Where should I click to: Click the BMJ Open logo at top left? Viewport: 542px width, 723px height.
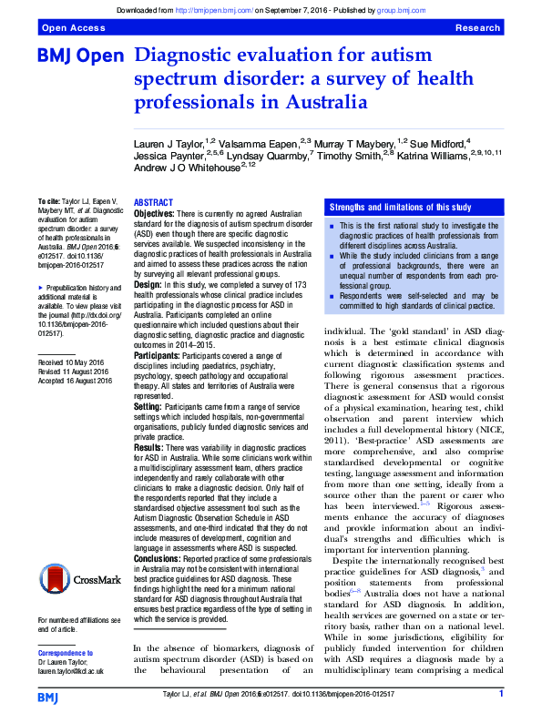(x=79, y=57)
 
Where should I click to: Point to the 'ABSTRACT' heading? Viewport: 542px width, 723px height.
(x=153, y=202)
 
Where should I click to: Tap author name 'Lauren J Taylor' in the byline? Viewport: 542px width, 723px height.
(x=169, y=143)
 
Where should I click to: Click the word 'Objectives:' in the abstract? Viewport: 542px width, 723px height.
(x=154, y=212)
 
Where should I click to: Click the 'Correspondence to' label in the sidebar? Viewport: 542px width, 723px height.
(x=69, y=654)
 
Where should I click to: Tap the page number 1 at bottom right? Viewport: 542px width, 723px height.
(x=501, y=695)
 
